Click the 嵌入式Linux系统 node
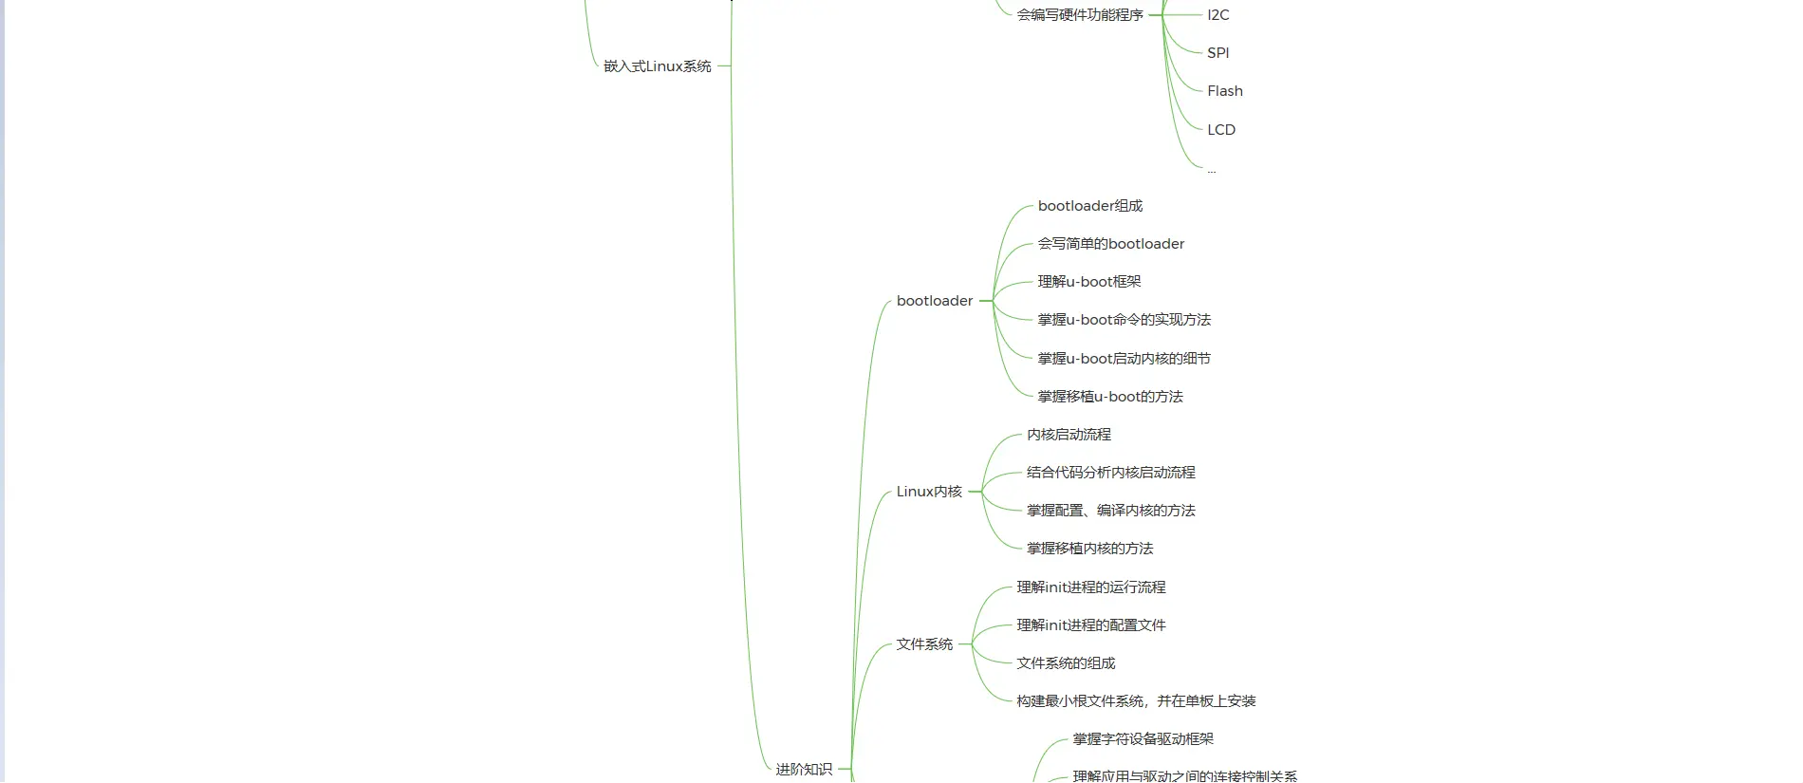(657, 66)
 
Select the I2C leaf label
(1217, 15)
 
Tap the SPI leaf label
(1217, 53)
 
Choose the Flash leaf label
(1224, 91)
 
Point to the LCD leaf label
(1220, 130)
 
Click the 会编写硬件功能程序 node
(1080, 15)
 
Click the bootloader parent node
(934, 301)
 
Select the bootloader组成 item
(1089, 206)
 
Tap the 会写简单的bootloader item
(1110, 244)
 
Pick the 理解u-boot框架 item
(1088, 282)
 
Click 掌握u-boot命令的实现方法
(1124, 320)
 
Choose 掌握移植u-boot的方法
(1109, 397)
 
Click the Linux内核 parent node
(928, 492)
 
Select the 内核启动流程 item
(1068, 435)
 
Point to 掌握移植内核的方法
(1089, 549)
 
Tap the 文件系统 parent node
(923, 644)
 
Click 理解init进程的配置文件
(1090, 625)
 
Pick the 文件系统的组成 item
(1065, 663)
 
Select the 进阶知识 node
(803, 770)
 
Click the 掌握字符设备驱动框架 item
(1143, 739)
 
